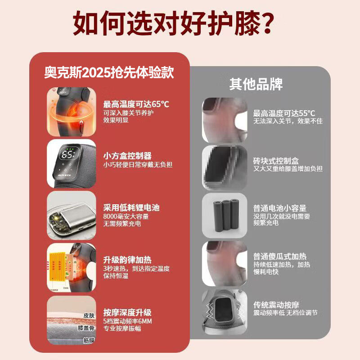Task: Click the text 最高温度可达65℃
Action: coord(136,105)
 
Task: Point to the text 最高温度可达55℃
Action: coord(284,113)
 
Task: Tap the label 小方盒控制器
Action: coord(127,156)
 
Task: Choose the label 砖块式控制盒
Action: coord(276,161)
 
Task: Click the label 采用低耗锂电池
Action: coord(131,207)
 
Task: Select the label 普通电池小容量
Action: coord(279,208)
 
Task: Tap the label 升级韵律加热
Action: coord(127,259)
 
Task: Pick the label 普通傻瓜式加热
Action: coord(279,256)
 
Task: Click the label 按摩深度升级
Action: coord(127,312)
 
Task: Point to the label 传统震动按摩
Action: coord(276,304)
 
